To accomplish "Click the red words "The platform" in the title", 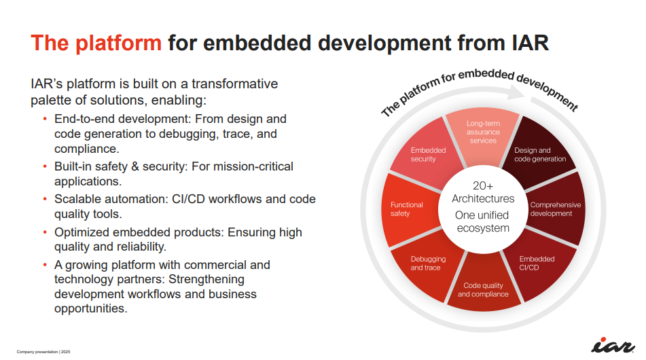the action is click(x=96, y=43).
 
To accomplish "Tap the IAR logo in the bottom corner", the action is click(x=613, y=345).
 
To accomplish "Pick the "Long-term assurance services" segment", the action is click(x=483, y=134).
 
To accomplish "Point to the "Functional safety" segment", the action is click(x=408, y=209).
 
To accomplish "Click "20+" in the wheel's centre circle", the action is click(x=483, y=185).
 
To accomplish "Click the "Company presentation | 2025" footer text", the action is click(x=43, y=352).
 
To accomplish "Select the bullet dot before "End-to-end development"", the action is click(x=45, y=119).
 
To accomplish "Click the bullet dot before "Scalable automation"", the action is click(x=45, y=200).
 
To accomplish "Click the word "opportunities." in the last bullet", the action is click(x=90, y=308).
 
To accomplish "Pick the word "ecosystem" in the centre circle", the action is click(x=483, y=228).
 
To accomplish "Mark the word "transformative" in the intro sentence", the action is click(x=235, y=84).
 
